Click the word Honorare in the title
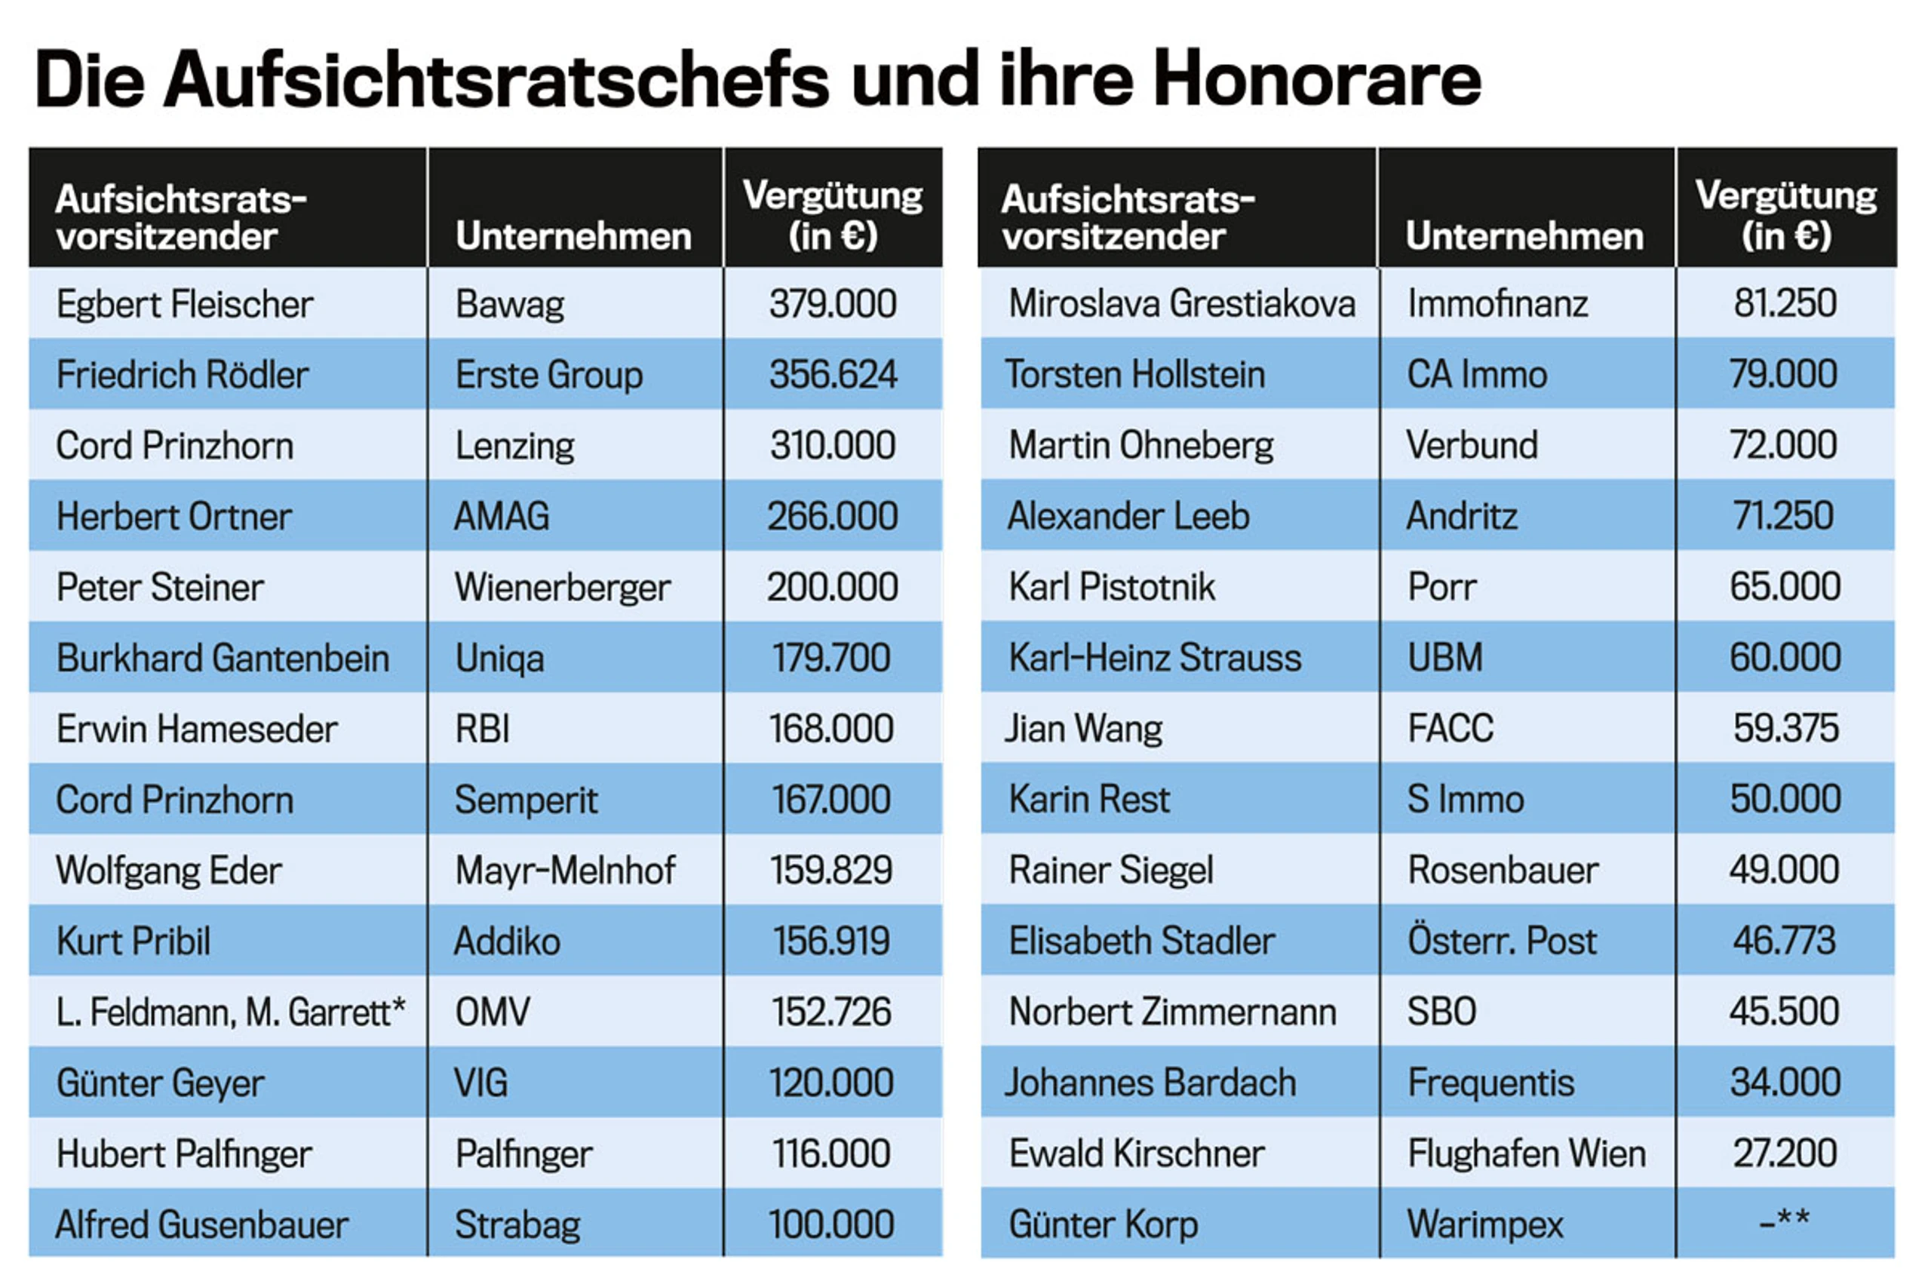(1317, 79)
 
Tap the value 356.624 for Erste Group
(833, 374)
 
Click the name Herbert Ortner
(173, 517)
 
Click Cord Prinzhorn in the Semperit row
(174, 800)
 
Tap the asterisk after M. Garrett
(398, 1005)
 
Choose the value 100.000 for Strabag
(830, 1224)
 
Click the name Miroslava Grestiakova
(1181, 304)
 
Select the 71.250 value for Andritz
(1783, 516)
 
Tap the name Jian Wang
(1084, 729)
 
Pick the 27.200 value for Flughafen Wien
(1785, 1153)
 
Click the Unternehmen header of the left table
(573, 236)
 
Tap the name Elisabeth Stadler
(1141, 941)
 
